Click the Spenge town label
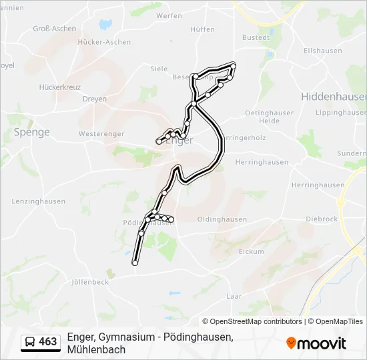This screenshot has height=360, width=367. (x=31, y=132)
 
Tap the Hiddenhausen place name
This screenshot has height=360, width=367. (x=334, y=97)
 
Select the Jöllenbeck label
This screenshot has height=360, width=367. (x=89, y=282)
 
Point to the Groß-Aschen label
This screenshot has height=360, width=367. (x=55, y=29)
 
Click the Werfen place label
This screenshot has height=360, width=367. (x=169, y=15)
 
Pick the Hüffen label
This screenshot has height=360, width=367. (x=202, y=29)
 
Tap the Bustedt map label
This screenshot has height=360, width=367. (x=256, y=38)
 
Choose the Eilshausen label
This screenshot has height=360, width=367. (x=322, y=51)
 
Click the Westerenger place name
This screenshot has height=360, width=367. (x=101, y=134)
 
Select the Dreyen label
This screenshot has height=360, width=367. (x=94, y=99)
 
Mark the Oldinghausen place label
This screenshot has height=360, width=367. (x=222, y=219)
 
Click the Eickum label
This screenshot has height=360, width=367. (x=252, y=252)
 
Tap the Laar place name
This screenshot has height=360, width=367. (x=234, y=295)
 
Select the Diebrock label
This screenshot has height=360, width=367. (x=322, y=219)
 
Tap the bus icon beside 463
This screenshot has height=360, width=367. (x=30, y=343)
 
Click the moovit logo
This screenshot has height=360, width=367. (x=316, y=343)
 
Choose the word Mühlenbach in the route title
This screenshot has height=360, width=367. (x=96, y=349)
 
